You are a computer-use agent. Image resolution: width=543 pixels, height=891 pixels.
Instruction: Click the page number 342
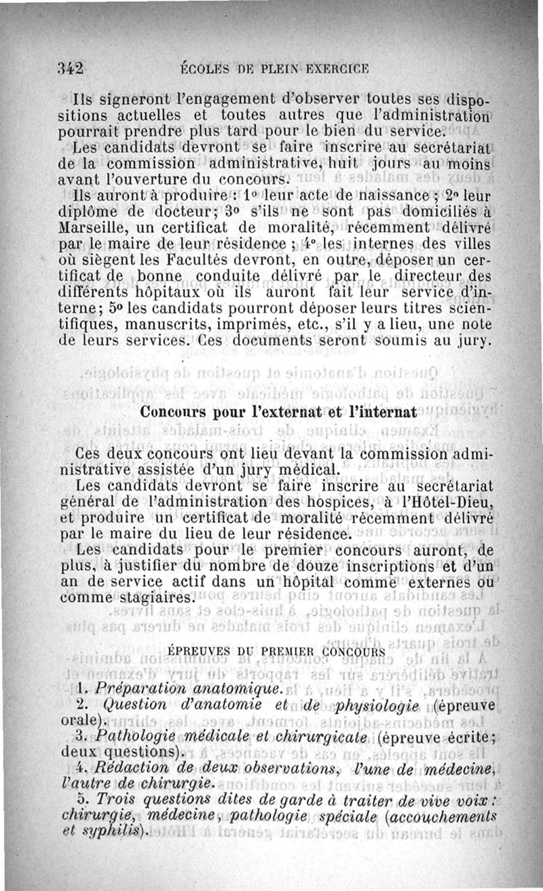[x=71, y=68]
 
